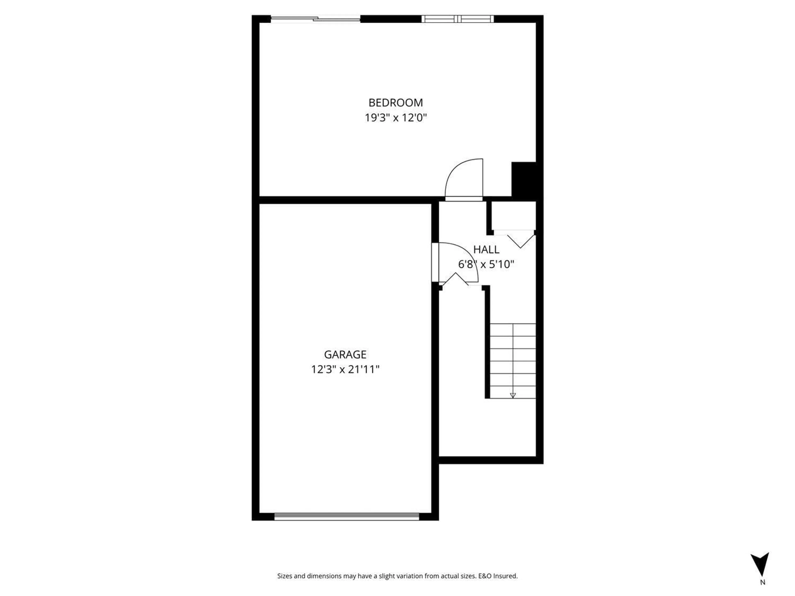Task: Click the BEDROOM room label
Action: (x=395, y=103)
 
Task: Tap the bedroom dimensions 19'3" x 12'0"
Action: (x=395, y=118)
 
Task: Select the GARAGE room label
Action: (x=345, y=354)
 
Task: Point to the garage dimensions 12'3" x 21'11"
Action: (x=345, y=369)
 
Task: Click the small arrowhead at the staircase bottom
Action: (x=513, y=395)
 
